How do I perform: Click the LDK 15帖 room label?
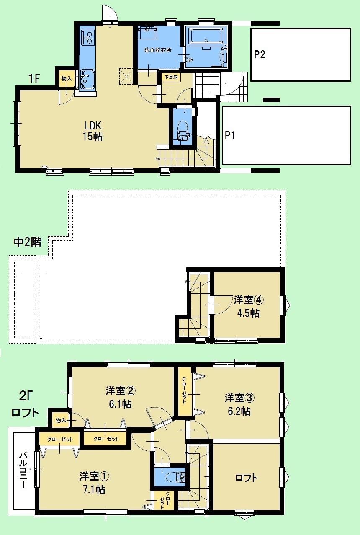pos(93,131)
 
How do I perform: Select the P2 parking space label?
pos(259,55)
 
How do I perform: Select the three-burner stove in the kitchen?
pos(87,38)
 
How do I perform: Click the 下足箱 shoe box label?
pos(169,78)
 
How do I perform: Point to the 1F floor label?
pos(34,79)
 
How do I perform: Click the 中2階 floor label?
pos(28,242)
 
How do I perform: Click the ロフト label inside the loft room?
pos(246,477)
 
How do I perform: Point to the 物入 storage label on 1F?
pos(67,78)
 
